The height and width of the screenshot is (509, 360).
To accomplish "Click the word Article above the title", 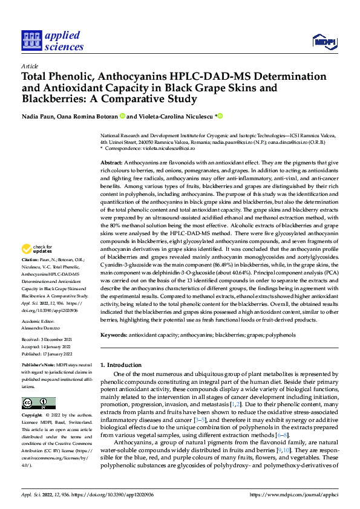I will tap(29, 66).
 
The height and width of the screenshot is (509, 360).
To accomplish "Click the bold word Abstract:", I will tap(111, 163).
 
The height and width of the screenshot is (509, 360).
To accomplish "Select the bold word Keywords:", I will tap(113, 317).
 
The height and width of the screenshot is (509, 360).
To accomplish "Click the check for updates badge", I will tap(37, 250).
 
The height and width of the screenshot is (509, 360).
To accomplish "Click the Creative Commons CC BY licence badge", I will tap(38, 403).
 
